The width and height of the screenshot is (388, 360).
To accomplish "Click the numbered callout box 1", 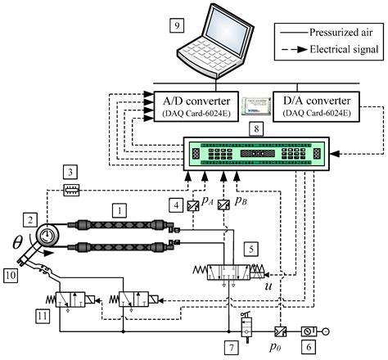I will [121, 210].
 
